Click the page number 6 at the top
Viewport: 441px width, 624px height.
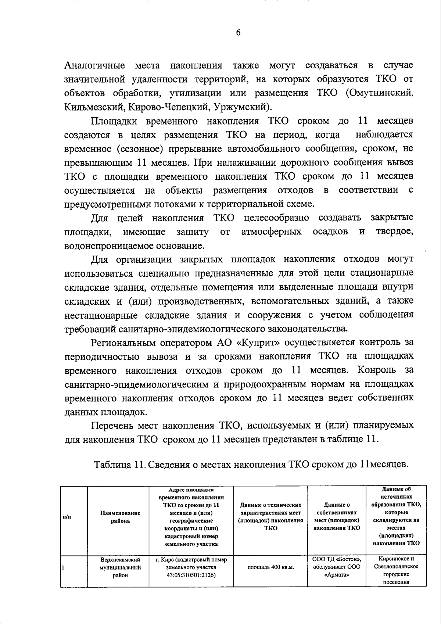tap(238, 33)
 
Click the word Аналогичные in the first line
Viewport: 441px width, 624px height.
tap(94, 65)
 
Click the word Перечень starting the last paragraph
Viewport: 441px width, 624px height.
tap(112, 426)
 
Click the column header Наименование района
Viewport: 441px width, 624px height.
tap(120, 517)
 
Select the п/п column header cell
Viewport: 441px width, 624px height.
tap(67, 517)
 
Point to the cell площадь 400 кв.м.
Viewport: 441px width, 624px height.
tap(270, 567)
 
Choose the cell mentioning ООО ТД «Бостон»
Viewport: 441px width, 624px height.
tap(337, 559)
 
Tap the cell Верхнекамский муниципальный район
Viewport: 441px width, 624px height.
tap(120, 567)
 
